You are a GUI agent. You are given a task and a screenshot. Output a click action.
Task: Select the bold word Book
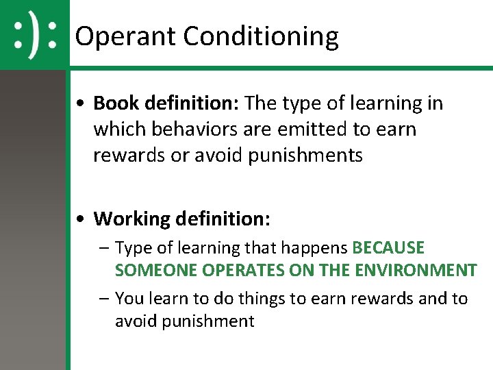pos(116,103)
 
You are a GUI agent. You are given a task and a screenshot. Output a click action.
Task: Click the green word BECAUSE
pos(388,247)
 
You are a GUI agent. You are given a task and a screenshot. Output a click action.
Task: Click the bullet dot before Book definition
pos(81,104)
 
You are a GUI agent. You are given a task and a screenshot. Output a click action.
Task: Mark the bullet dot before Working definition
pos(81,220)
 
